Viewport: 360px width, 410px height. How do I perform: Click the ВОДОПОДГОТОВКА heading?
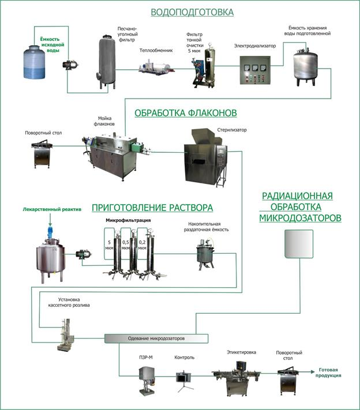pos(192,12)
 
